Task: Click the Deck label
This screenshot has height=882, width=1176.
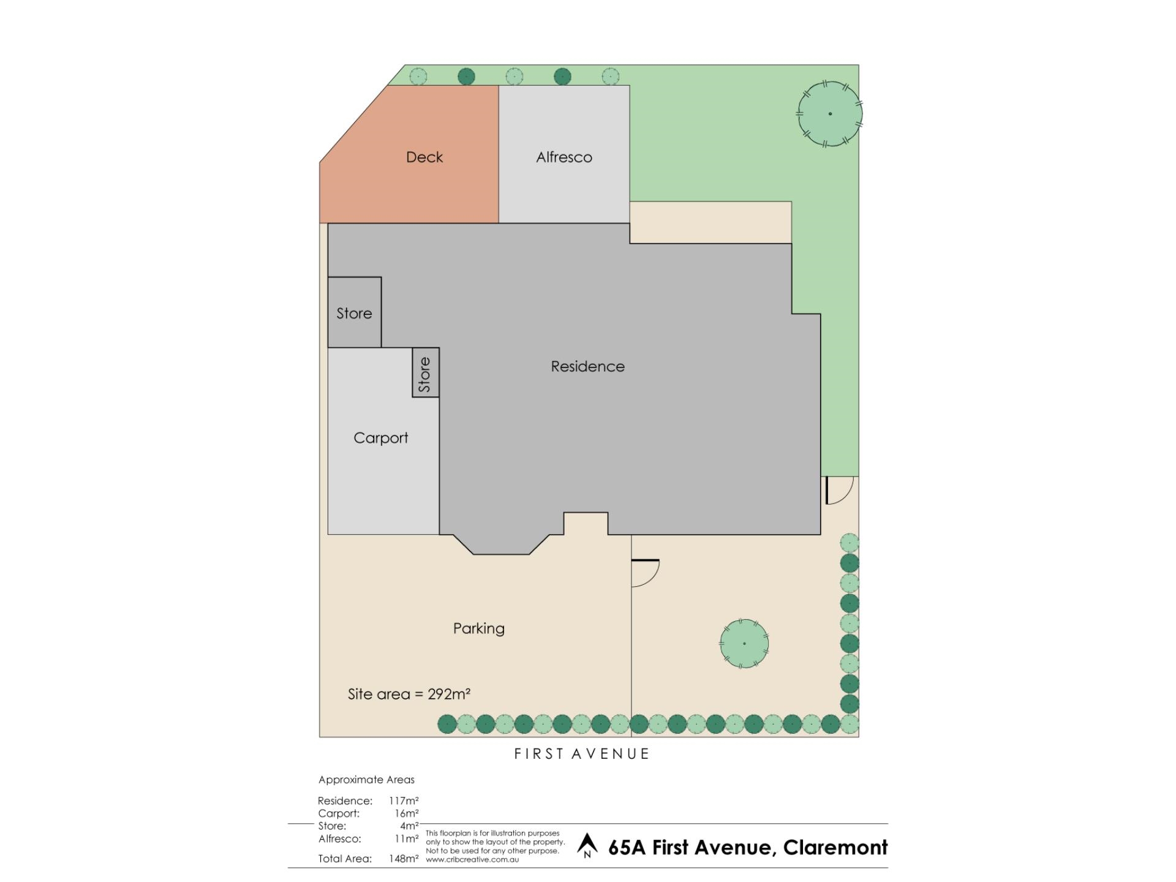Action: pyautogui.click(x=424, y=157)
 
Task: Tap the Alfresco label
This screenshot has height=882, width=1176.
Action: pyautogui.click(x=563, y=157)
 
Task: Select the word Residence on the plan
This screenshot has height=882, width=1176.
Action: pyautogui.click(x=587, y=366)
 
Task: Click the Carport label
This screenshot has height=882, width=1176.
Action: pyautogui.click(x=380, y=438)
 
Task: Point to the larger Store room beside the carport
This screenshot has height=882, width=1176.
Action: pyautogui.click(x=354, y=313)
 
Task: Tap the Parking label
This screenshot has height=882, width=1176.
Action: pyautogui.click(x=478, y=628)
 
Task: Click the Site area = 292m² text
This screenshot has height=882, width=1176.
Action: pyautogui.click(x=409, y=694)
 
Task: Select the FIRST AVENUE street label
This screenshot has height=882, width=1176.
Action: pyautogui.click(x=581, y=754)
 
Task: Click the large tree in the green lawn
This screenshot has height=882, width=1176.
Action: pyautogui.click(x=829, y=114)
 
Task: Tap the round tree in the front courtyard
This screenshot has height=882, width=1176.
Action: pyautogui.click(x=744, y=643)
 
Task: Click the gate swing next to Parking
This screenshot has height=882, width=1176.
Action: pyautogui.click(x=645, y=573)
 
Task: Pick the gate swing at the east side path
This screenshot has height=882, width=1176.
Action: pyautogui.click(x=839, y=490)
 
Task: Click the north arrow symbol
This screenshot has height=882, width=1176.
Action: pyautogui.click(x=587, y=845)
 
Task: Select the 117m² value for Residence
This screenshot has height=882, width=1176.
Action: pyautogui.click(x=404, y=801)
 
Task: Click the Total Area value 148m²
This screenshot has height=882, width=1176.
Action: pyautogui.click(x=404, y=859)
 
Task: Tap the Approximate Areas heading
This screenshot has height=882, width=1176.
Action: pyautogui.click(x=366, y=780)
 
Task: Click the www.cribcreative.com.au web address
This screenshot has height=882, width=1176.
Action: pyautogui.click(x=472, y=859)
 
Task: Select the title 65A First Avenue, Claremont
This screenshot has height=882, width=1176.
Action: pyautogui.click(x=747, y=848)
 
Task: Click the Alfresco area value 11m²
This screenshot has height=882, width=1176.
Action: pyautogui.click(x=406, y=839)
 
